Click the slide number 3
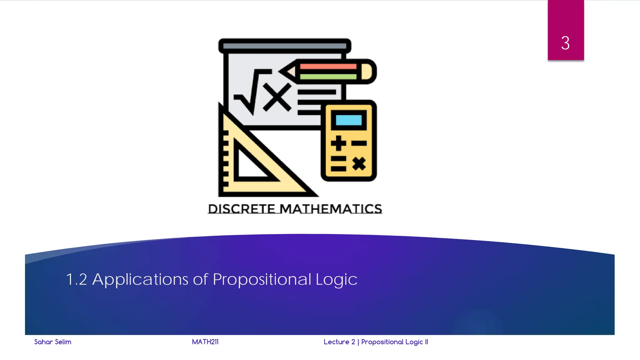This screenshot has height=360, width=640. click(x=565, y=43)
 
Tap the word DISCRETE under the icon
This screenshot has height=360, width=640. click(x=242, y=209)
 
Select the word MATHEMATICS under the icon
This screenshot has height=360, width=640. click(x=331, y=209)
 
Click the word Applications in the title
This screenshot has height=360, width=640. click(x=140, y=279)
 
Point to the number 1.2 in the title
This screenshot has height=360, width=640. click(x=77, y=279)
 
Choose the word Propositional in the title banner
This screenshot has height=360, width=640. click(x=262, y=279)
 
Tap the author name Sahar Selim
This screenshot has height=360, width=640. click(x=52, y=342)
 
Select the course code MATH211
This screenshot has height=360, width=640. click(x=205, y=342)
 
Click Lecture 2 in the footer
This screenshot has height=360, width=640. click(x=339, y=342)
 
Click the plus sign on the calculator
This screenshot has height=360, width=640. click(x=338, y=143)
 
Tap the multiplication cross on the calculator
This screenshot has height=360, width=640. click(x=359, y=163)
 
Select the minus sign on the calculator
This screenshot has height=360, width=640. click(x=359, y=143)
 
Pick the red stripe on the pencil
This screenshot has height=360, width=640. click(x=328, y=66)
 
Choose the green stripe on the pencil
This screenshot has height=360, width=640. click(x=328, y=77)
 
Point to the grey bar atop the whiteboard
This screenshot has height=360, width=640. click(x=284, y=46)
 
